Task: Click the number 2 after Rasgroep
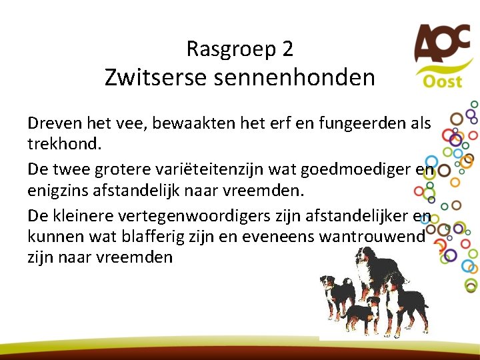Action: pyautogui.click(x=287, y=49)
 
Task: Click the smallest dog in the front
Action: pyautogui.click(x=360, y=313)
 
